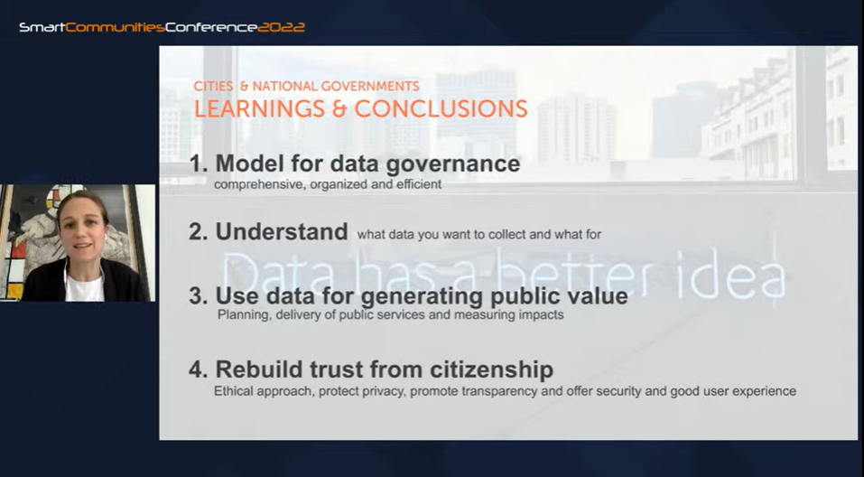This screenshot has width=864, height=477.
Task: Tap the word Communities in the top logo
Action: point(116,27)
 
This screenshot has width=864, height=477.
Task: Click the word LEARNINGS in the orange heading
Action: point(259,108)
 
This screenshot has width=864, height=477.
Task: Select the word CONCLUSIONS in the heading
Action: point(441,108)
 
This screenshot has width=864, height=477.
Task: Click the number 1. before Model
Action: point(199,164)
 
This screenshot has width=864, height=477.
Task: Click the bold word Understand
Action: point(282,231)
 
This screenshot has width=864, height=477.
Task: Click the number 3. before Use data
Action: point(199,296)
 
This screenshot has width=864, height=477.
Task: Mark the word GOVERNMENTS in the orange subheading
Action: point(370,86)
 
